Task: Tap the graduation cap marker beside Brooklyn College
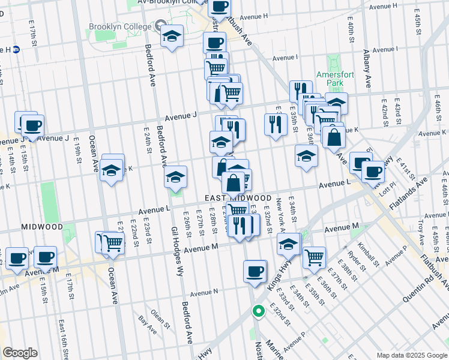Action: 172,37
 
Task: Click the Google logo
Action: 20,353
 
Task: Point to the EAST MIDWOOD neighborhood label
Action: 238,198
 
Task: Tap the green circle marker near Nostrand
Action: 258,311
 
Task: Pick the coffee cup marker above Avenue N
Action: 255,271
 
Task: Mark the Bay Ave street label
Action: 147,324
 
